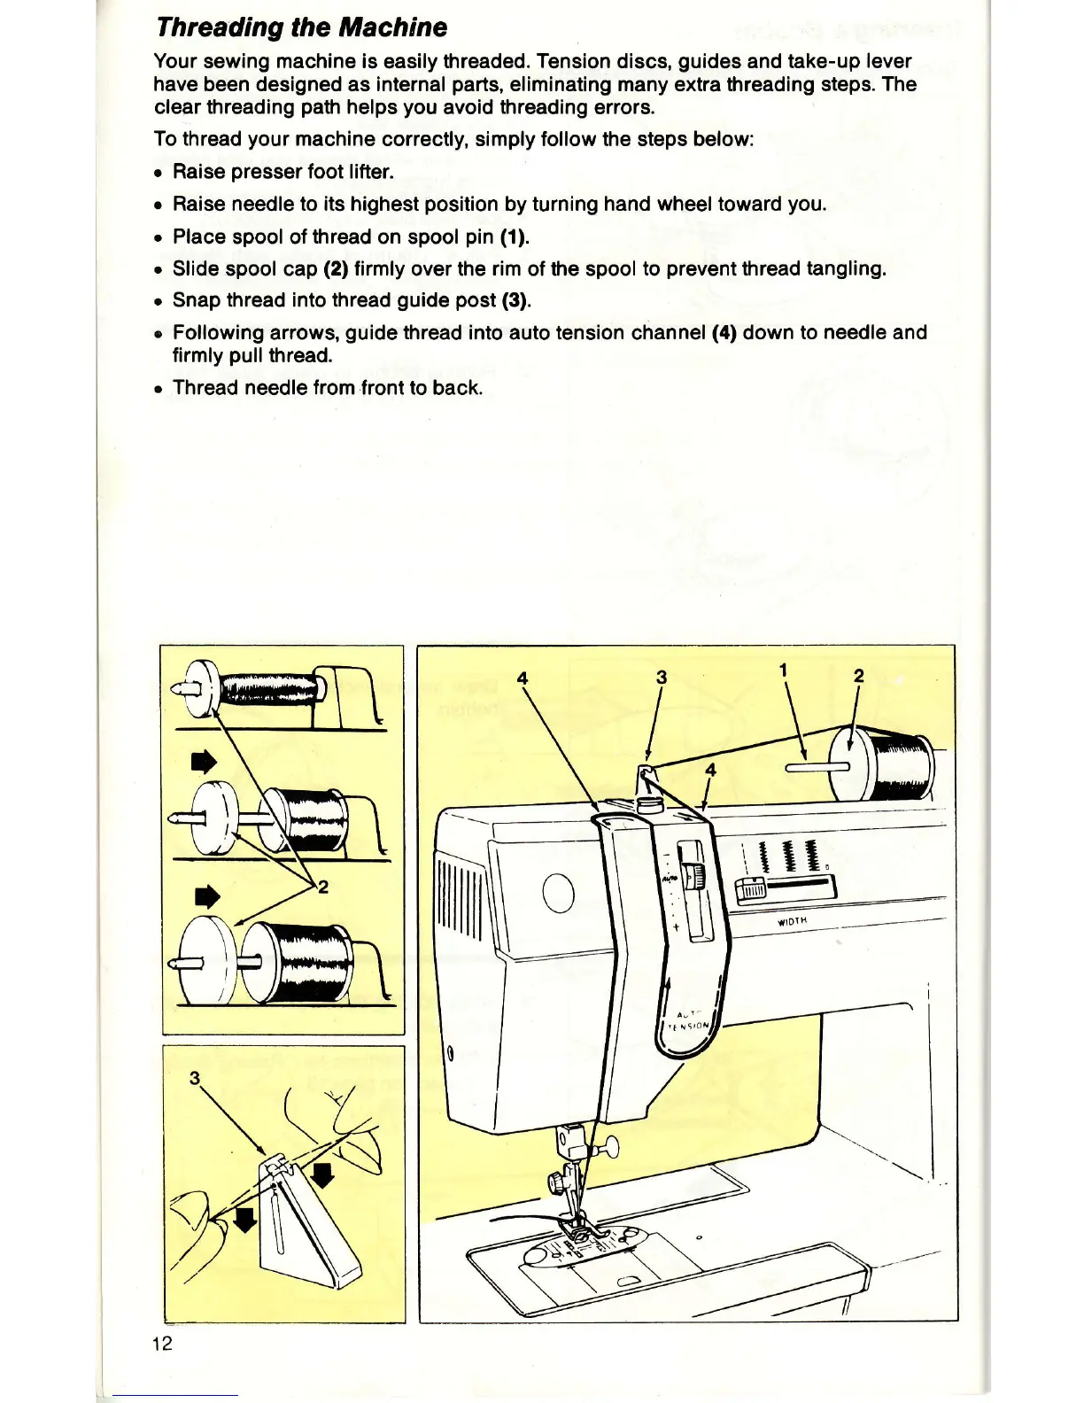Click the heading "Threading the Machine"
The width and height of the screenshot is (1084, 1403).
coord(301,27)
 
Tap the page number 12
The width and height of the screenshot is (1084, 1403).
coord(162,1343)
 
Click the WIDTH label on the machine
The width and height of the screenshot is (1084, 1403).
coord(794,920)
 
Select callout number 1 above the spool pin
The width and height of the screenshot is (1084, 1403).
coord(783,670)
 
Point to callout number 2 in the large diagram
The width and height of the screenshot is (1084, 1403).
coord(857,676)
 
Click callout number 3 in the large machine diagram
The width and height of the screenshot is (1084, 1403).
coord(661,677)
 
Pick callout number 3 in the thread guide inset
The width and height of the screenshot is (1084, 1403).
coord(195,1077)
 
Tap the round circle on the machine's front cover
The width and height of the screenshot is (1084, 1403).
coord(559,893)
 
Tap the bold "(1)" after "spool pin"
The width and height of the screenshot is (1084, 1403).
coord(514,236)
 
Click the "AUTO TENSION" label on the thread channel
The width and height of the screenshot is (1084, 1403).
coord(690,1020)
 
